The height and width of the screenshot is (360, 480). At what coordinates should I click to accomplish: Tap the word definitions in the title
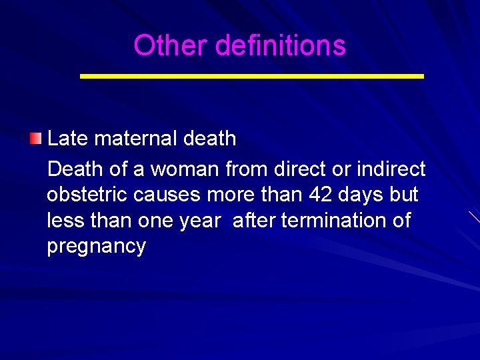[281, 46]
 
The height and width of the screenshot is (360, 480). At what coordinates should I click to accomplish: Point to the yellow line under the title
[251, 77]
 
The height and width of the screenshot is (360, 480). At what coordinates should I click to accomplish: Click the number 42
[319, 195]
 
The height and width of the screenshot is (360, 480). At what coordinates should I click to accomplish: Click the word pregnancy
[96, 247]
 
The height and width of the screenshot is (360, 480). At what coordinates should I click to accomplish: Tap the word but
[404, 195]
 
